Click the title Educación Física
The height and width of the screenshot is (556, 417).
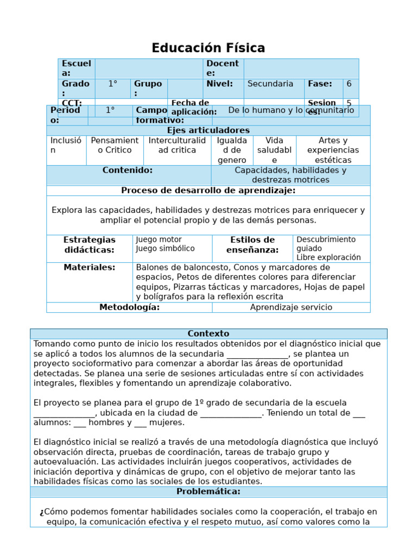coord(208,48)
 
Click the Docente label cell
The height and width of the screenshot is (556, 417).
coord(223,68)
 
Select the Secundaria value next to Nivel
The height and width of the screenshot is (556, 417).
coord(270,84)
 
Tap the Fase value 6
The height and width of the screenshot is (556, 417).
coord(349,84)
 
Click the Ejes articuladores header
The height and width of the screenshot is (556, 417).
coord(208,130)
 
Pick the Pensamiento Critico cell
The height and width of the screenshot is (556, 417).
coord(115,146)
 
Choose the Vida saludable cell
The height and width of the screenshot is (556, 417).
coord(274,150)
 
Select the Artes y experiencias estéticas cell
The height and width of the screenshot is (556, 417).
coord(333,150)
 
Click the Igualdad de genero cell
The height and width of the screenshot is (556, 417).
coord(232,150)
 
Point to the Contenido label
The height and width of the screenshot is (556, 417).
coord(128,170)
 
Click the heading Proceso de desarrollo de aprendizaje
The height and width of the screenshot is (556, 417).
coord(208,191)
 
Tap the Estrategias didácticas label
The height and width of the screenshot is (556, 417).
coord(90,245)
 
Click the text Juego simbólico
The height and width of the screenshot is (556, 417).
coord(165,249)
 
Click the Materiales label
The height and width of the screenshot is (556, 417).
coord(90,268)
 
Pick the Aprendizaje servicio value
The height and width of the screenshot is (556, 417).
coord(291,307)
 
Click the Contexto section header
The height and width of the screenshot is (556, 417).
coord(208,334)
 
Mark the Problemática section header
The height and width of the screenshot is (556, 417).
coord(208,492)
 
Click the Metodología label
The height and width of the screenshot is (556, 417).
coord(129,307)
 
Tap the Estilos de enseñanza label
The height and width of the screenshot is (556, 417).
coord(252,245)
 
